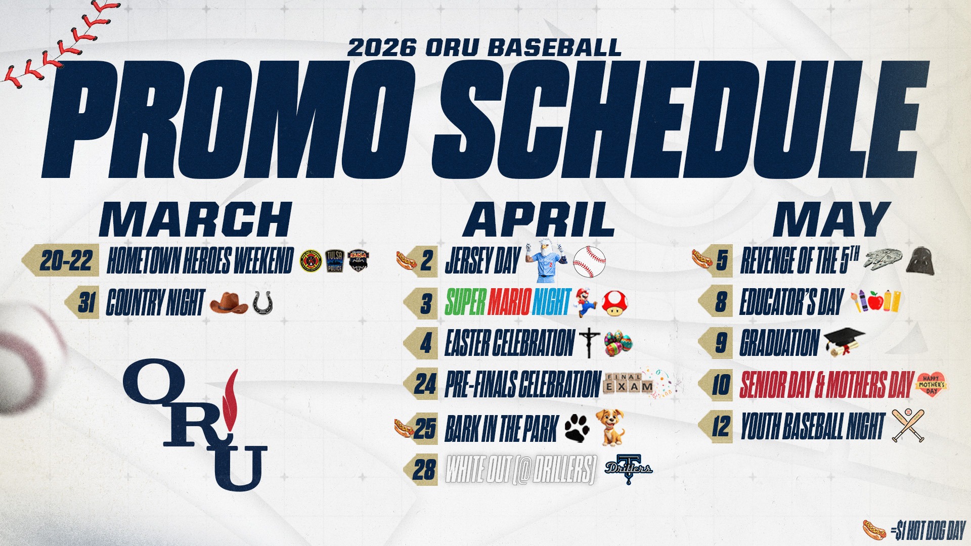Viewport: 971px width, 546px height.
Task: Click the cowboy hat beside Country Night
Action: pyautogui.click(x=228, y=303)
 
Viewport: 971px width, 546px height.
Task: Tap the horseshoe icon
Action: pyautogui.click(x=262, y=303)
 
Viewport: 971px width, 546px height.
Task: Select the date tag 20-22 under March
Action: pyautogui.click(x=66, y=261)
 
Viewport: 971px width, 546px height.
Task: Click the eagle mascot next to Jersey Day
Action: pyautogui.click(x=545, y=261)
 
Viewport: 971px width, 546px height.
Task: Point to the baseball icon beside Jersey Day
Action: pyautogui.click(x=589, y=262)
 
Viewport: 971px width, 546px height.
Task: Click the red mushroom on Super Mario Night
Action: pyautogui.click(x=615, y=303)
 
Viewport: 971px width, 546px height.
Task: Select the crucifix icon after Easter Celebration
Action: pyautogui.click(x=589, y=343)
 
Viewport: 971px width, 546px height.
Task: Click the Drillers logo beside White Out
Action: pyautogui.click(x=629, y=469)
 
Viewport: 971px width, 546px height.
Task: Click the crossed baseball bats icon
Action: pyautogui.click(x=908, y=426)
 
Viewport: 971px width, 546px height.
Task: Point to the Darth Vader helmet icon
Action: pyautogui.click(x=919, y=261)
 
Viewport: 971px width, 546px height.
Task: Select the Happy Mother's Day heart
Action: pyautogui.click(x=931, y=385)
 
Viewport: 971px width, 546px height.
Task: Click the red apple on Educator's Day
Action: pyautogui.click(x=875, y=302)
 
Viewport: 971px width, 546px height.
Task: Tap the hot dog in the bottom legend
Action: pyautogui.click(x=875, y=530)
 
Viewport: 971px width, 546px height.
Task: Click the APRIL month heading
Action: pyautogui.click(x=539, y=219)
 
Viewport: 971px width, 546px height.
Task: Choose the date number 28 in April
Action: pyautogui.click(x=424, y=470)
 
